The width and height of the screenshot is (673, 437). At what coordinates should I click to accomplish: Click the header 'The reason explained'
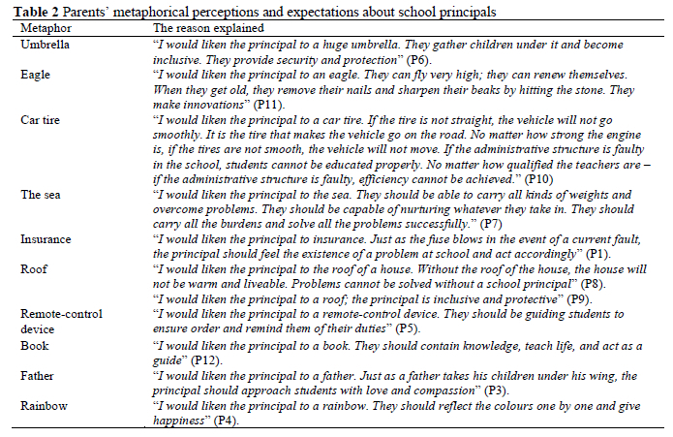(x=202, y=29)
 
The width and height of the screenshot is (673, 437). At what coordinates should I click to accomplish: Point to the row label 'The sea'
(x=40, y=194)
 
